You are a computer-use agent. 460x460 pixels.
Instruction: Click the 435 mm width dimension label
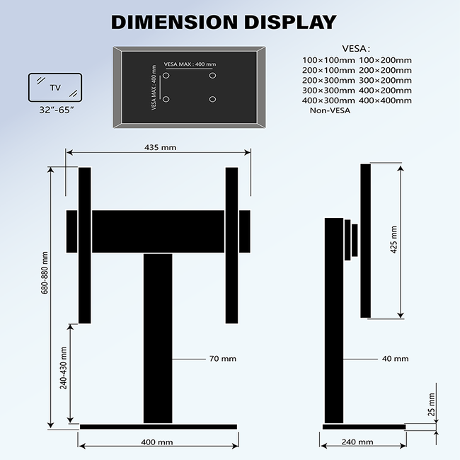(159, 147)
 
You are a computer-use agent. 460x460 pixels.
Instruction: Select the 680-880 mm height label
(45, 272)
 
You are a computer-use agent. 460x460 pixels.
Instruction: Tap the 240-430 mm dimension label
(64, 368)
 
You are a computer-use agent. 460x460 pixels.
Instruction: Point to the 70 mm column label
(222, 359)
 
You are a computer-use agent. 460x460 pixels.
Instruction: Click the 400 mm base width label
(157, 442)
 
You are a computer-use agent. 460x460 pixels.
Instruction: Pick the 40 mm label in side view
(395, 359)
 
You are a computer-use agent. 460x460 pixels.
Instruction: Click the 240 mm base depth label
(359, 442)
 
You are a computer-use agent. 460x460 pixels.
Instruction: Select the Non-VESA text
(328, 110)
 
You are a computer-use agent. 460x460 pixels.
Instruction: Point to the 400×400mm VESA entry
(385, 100)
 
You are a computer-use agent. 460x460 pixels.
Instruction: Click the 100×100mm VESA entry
(328, 60)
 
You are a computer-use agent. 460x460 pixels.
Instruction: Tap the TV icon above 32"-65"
(54, 88)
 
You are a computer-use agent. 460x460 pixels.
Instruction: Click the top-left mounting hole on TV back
(166, 75)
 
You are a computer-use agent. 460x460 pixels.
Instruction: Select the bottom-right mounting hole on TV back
(212, 98)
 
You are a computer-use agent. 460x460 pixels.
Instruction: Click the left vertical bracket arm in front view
(85, 245)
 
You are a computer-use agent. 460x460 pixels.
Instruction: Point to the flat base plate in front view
(158, 427)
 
